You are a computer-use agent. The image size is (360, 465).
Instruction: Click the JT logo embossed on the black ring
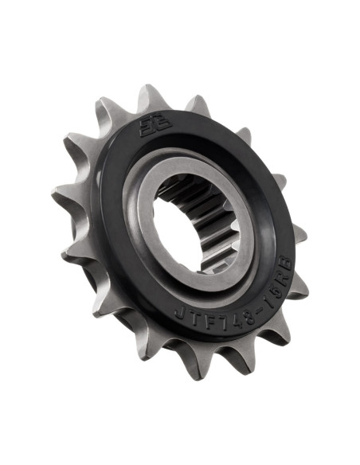148,127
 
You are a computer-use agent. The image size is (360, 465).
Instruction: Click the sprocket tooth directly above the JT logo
149,97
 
